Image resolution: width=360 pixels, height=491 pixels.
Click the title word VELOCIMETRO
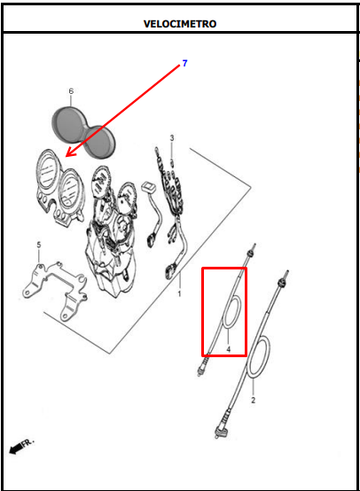[180, 24]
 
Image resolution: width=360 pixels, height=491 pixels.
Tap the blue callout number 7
[184, 63]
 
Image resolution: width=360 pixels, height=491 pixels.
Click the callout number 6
[71, 91]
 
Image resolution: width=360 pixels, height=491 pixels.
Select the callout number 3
[172, 137]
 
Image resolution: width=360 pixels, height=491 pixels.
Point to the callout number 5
[39, 245]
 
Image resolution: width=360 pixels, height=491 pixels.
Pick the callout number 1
[179, 293]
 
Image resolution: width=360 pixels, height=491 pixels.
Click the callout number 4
[229, 349]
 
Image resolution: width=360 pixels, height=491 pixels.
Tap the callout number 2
[254, 400]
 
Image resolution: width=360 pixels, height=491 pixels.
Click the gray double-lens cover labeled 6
[83, 132]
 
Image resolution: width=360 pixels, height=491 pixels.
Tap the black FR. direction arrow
[16, 448]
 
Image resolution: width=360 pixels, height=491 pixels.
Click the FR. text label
[27, 442]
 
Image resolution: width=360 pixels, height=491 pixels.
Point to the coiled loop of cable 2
[259, 357]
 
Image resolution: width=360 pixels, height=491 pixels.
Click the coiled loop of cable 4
[232, 312]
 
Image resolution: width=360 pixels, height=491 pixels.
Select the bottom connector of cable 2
[222, 432]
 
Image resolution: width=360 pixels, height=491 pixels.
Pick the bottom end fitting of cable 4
[203, 367]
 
